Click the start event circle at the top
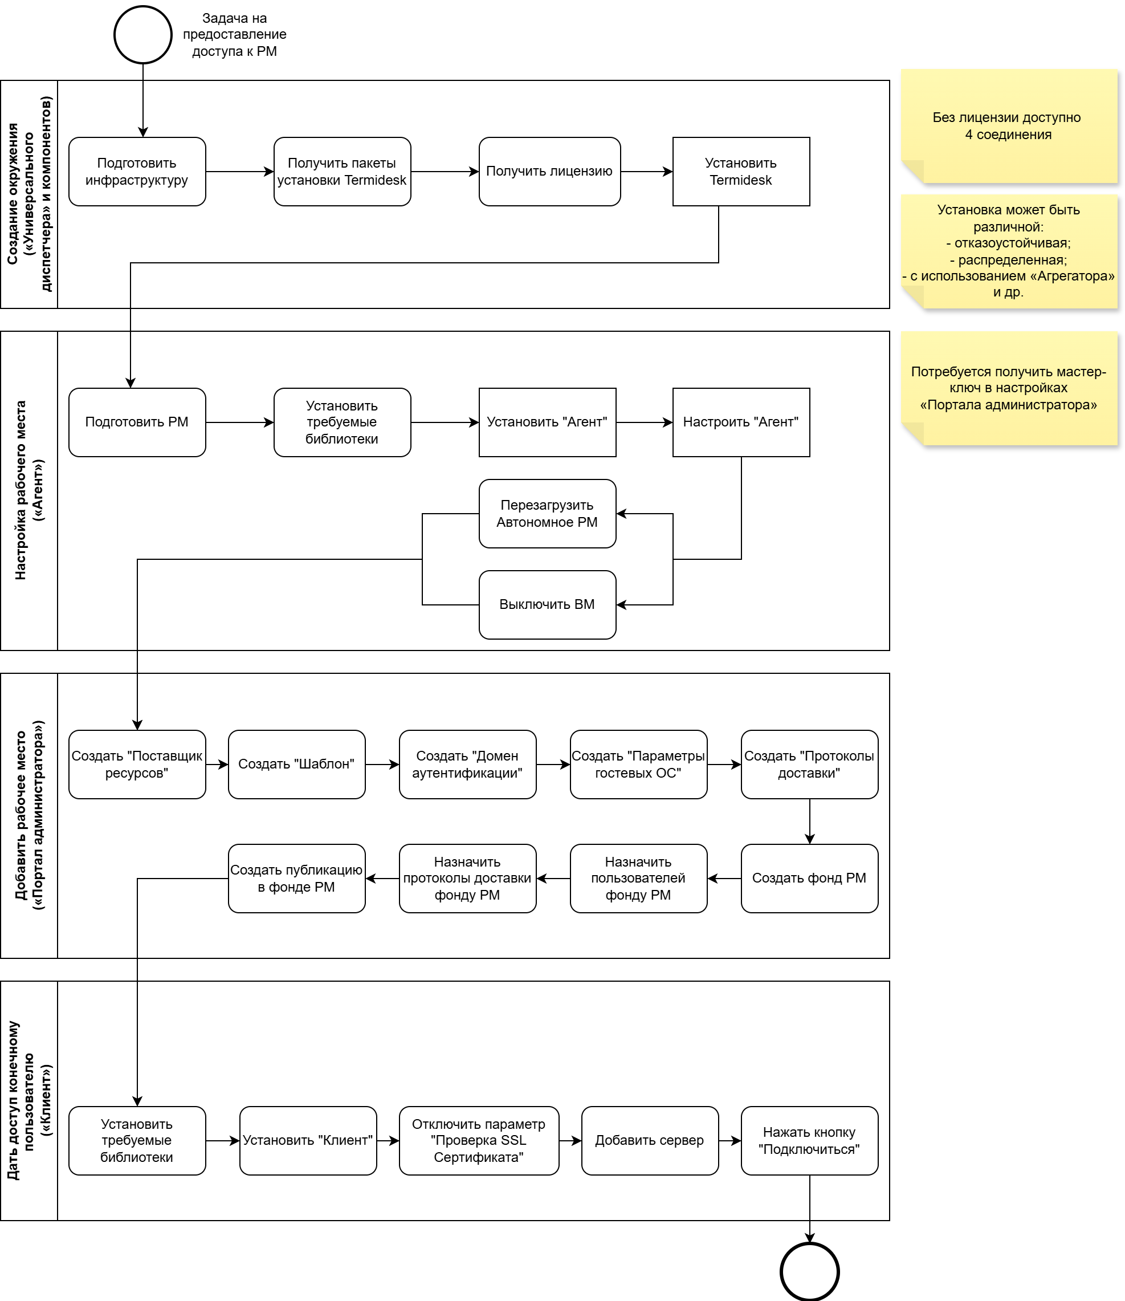(x=142, y=35)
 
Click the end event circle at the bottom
(x=809, y=1271)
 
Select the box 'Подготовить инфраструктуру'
(x=137, y=172)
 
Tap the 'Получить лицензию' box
(x=549, y=172)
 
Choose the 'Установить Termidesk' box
(x=741, y=172)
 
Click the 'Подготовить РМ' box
(x=137, y=422)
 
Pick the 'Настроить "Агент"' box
(x=741, y=422)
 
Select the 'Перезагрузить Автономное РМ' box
(x=547, y=514)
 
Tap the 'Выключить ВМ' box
(x=547, y=605)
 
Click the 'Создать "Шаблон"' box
(x=296, y=764)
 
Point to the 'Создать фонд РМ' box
(x=809, y=879)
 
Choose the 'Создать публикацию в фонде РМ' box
(x=296, y=879)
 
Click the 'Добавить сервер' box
(x=650, y=1140)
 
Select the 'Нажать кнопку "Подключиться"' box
(x=809, y=1140)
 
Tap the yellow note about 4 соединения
(x=1008, y=125)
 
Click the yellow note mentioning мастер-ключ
(x=1008, y=388)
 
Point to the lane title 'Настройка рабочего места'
(x=29, y=490)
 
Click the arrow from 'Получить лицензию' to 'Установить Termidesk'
(x=647, y=172)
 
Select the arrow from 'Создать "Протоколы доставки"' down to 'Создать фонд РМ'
(x=809, y=822)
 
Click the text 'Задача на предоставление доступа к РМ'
(x=234, y=35)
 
